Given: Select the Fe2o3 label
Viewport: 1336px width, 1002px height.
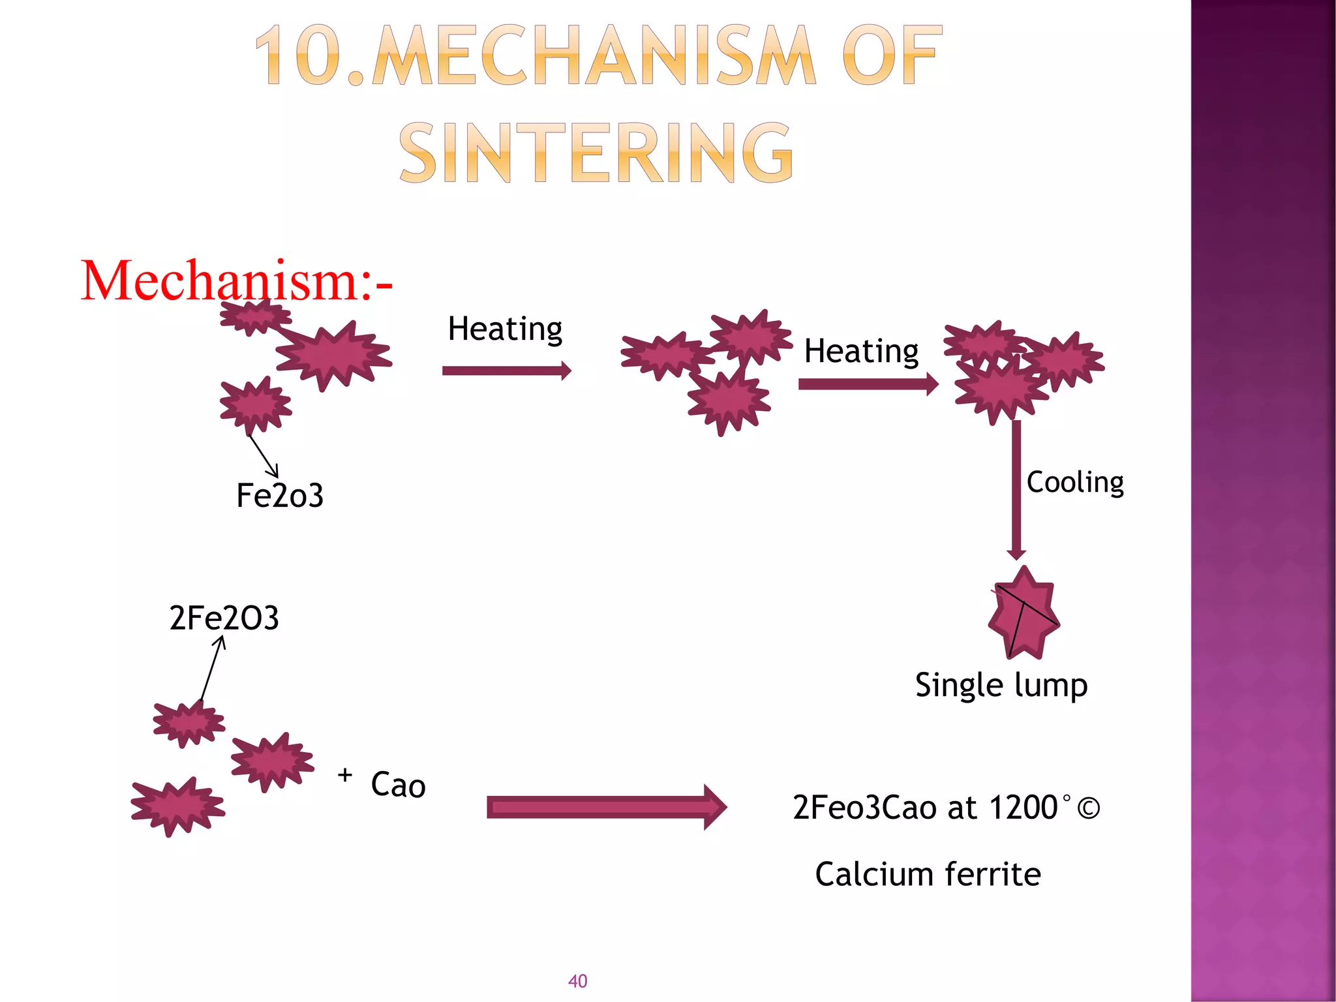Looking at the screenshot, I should pos(279,495).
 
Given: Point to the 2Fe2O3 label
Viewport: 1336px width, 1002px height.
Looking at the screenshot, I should pos(224,618).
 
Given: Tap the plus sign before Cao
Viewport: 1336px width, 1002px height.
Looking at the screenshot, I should pos(345,775).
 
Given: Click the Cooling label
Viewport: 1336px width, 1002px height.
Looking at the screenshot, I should pos(1075,482).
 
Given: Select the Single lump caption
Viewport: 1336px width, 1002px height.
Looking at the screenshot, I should pos(1001,685).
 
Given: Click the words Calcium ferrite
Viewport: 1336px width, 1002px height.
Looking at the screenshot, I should pos(928,874).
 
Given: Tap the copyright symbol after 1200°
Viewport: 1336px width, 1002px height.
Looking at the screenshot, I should pos(1088,808).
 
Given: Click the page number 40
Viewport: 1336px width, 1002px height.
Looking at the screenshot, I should pos(578,981).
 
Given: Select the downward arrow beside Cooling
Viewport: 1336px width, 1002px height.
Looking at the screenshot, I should pos(1016,489).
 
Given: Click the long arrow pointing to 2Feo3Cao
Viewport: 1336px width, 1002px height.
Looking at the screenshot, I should pos(607,808).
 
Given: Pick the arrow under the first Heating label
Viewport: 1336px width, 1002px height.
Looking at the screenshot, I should pos(506,371).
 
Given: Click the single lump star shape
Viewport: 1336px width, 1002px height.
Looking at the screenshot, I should pos(1023,613).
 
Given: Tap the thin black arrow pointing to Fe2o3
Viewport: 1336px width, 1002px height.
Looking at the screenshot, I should pos(264,456).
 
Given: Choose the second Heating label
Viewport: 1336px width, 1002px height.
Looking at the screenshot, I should pos(861,351).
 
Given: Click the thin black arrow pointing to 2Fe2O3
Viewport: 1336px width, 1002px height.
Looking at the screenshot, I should pos(212,668).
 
